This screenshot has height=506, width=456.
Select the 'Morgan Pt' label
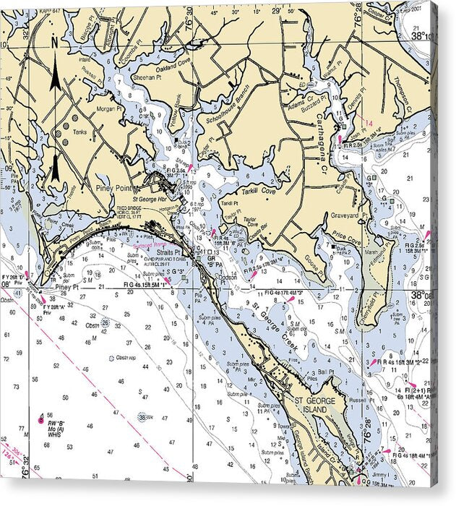coord(111,108)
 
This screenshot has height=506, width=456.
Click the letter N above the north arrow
coord(54,43)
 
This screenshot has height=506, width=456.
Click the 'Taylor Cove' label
coord(250,220)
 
